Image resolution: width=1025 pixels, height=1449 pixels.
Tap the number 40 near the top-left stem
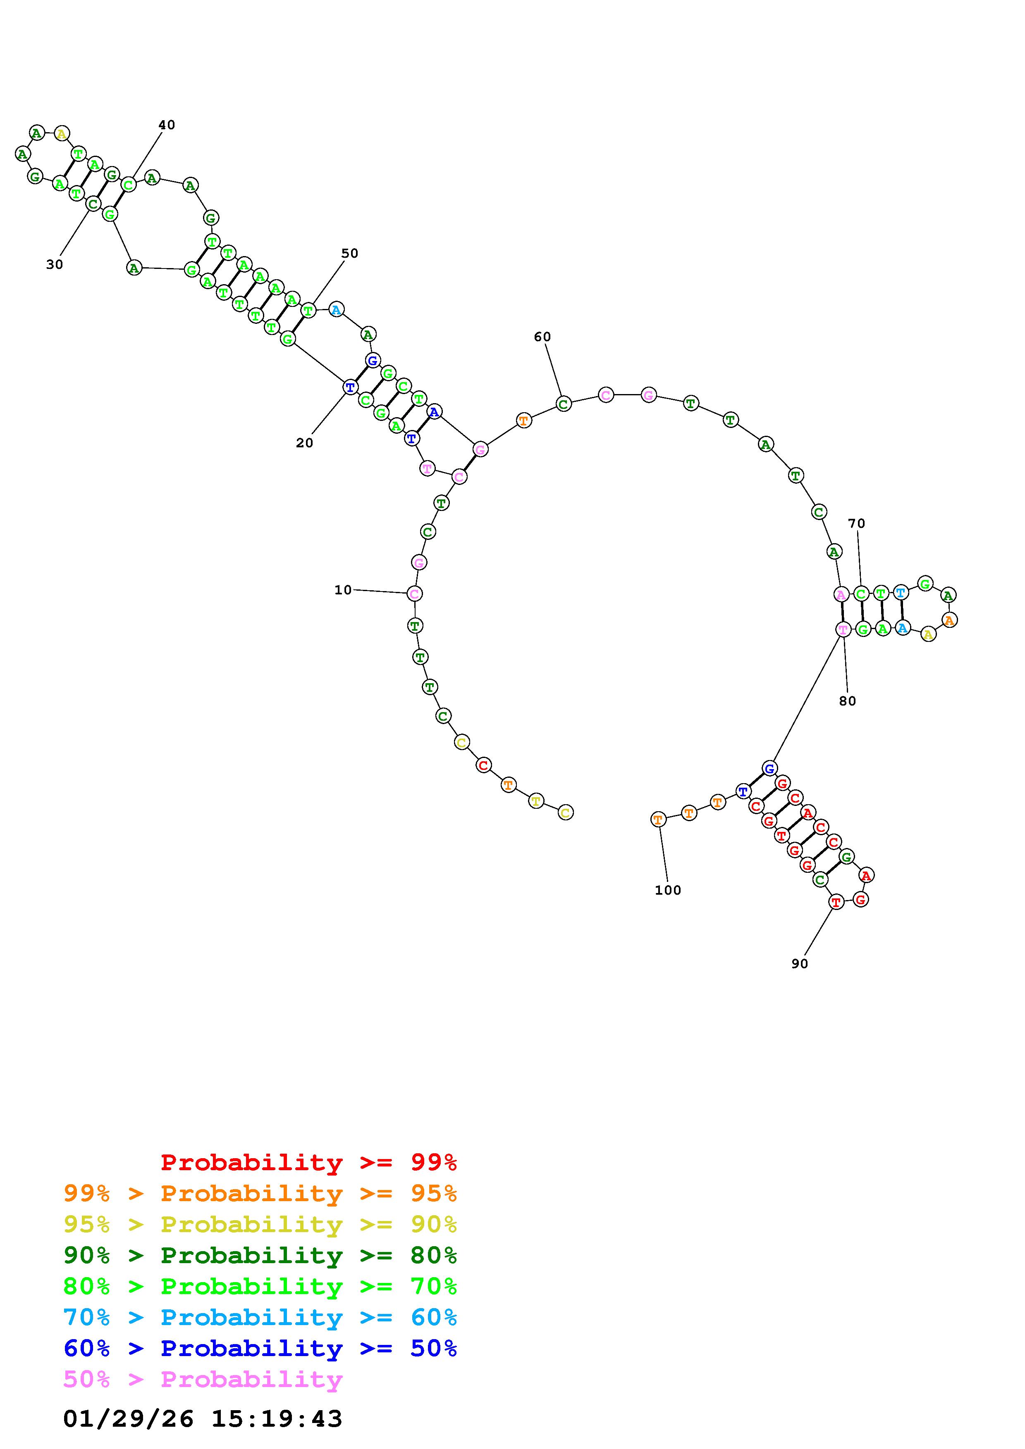coord(166,125)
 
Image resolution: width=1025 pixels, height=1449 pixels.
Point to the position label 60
coord(542,337)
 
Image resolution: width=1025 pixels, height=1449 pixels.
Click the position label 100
coord(667,891)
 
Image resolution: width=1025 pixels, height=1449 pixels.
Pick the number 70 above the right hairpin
coord(856,523)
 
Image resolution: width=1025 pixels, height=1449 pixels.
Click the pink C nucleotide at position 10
coord(414,593)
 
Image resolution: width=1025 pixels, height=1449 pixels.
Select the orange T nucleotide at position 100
coord(658,819)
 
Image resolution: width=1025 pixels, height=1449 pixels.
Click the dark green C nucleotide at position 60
coord(563,403)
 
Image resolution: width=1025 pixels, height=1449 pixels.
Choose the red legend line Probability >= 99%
coord(309,1162)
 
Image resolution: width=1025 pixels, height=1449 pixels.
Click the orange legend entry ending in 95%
coord(260,1193)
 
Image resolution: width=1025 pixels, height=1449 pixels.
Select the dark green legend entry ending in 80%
coord(260,1255)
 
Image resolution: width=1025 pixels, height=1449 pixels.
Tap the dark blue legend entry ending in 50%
coord(260,1348)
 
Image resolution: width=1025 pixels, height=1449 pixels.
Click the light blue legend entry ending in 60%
coord(260,1317)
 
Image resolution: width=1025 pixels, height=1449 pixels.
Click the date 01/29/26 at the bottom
coord(128,1419)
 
